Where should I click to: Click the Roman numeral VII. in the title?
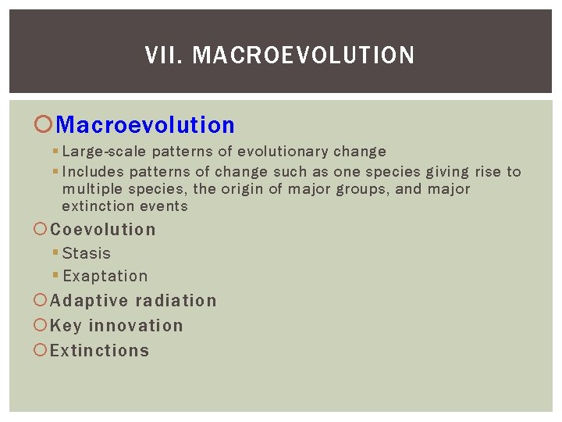click(x=165, y=55)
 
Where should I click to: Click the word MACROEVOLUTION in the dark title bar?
click(x=303, y=55)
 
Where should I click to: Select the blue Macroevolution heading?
click(x=145, y=125)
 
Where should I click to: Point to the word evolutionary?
click(x=285, y=152)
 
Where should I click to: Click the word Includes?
click(x=93, y=172)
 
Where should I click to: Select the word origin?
click(x=243, y=189)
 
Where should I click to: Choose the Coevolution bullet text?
click(x=103, y=230)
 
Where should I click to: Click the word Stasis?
click(x=87, y=253)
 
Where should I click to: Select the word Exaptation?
click(x=105, y=276)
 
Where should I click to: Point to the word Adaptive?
click(x=89, y=301)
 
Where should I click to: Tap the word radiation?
click(x=176, y=301)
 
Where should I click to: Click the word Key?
click(x=66, y=326)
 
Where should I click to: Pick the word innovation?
click(x=136, y=326)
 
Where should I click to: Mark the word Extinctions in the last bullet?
click(x=99, y=351)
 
